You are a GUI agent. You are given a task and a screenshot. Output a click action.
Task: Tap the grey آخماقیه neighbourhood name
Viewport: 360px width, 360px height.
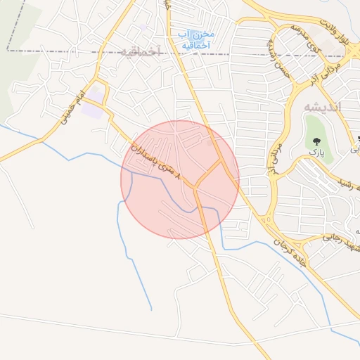pyautogui.click(x=140, y=51)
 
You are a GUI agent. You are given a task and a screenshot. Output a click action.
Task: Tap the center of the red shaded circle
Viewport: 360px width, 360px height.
pyautogui.click(x=180, y=179)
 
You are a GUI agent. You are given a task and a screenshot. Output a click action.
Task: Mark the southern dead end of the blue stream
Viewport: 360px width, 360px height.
pyautogui.click(x=151, y=309)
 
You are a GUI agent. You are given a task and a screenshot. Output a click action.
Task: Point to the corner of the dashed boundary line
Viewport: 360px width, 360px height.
pyautogui.click(x=8, y=51)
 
